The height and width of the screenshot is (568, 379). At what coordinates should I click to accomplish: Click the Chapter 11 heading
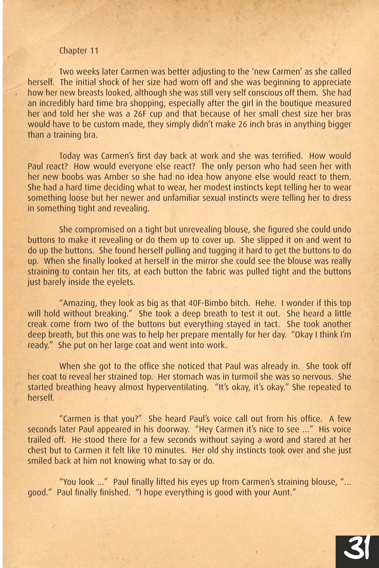tap(79, 50)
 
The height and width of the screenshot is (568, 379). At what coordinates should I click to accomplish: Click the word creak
tap(37, 324)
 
